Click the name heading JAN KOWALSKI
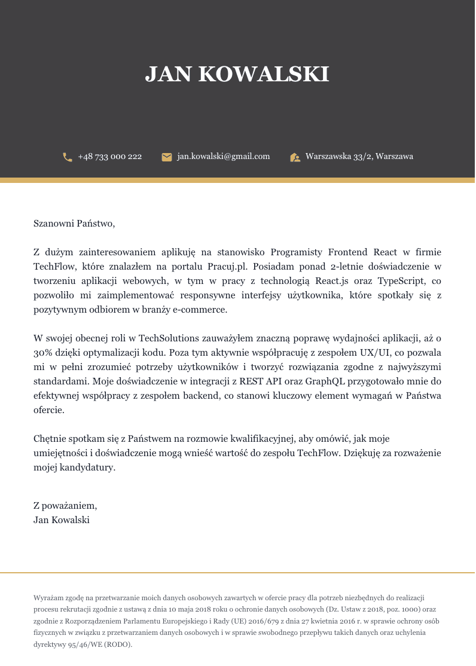pos(237,74)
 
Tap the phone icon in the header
pos(68,157)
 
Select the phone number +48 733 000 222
pos(110,157)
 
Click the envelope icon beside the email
pos(167,157)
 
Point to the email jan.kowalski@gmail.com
pos(224,157)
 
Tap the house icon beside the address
pos(295,157)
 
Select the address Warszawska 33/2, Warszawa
pos(359,157)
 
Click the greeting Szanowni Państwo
pos(74,224)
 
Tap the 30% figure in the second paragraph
pos(42,353)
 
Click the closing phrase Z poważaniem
pos(65,506)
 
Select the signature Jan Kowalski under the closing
pos(62,520)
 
